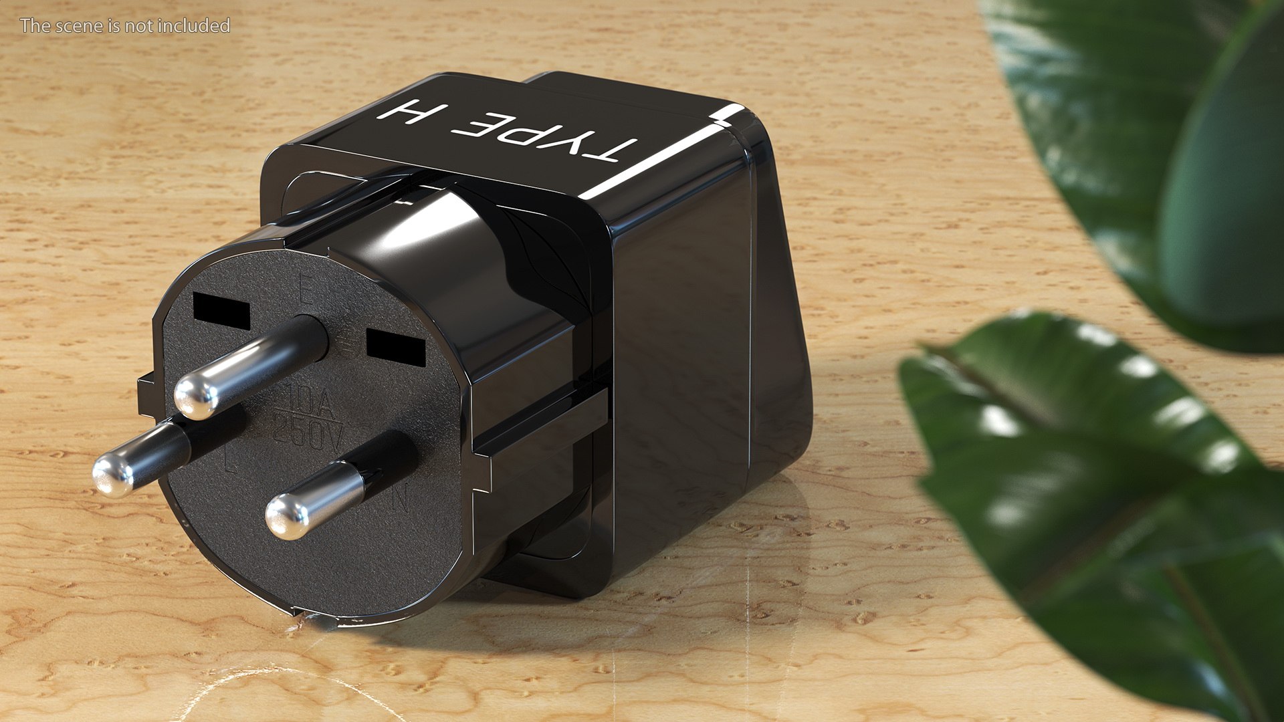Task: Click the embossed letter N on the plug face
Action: click(400, 498)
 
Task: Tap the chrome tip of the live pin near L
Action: click(112, 475)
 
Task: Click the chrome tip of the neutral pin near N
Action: click(286, 517)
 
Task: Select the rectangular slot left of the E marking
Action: click(221, 310)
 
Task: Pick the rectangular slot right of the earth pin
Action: click(396, 348)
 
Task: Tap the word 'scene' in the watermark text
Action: click(79, 25)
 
